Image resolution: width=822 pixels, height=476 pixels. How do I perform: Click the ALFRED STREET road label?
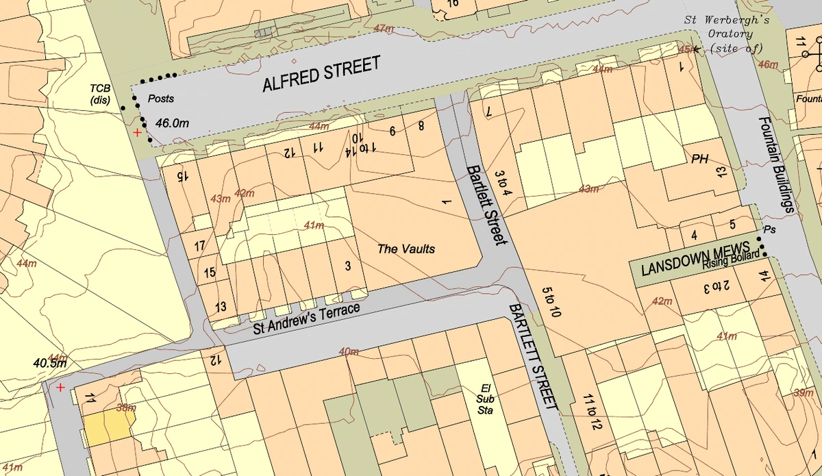pyautogui.click(x=321, y=75)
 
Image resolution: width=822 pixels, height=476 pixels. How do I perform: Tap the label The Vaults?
pyautogui.click(x=406, y=249)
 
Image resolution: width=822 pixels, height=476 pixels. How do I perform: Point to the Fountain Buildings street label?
pyautogui.click(x=775, y=164)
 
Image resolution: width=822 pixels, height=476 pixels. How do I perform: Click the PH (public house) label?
pyautogui.click(x=699, y=159)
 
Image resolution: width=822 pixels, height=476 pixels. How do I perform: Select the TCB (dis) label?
pyautogui.click(x=100, y=94)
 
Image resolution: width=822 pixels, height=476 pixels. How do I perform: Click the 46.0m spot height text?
pyautogui.click(x=172, y=123)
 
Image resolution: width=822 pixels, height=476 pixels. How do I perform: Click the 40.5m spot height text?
pyautogui.click(x=49, y=363)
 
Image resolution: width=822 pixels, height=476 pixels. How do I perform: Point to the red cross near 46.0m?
pyautogui.click(x=138, y=132)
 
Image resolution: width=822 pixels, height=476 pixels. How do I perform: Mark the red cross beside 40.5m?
pyautogui.click(x=60, y=388)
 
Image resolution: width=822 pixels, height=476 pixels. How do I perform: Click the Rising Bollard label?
pyautogui.click(x=730, y=256)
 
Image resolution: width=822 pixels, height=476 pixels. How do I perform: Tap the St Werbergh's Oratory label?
pyautogui.click(x=726, y=34)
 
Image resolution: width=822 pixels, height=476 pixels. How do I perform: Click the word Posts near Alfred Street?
pyautogui.click(x=161, y=99)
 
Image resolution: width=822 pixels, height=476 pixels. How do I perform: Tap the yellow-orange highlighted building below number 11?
pyautogui.click(x=106, y=428)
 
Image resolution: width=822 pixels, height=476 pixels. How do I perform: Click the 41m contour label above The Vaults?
pyautogui.click(x=314, y=225)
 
